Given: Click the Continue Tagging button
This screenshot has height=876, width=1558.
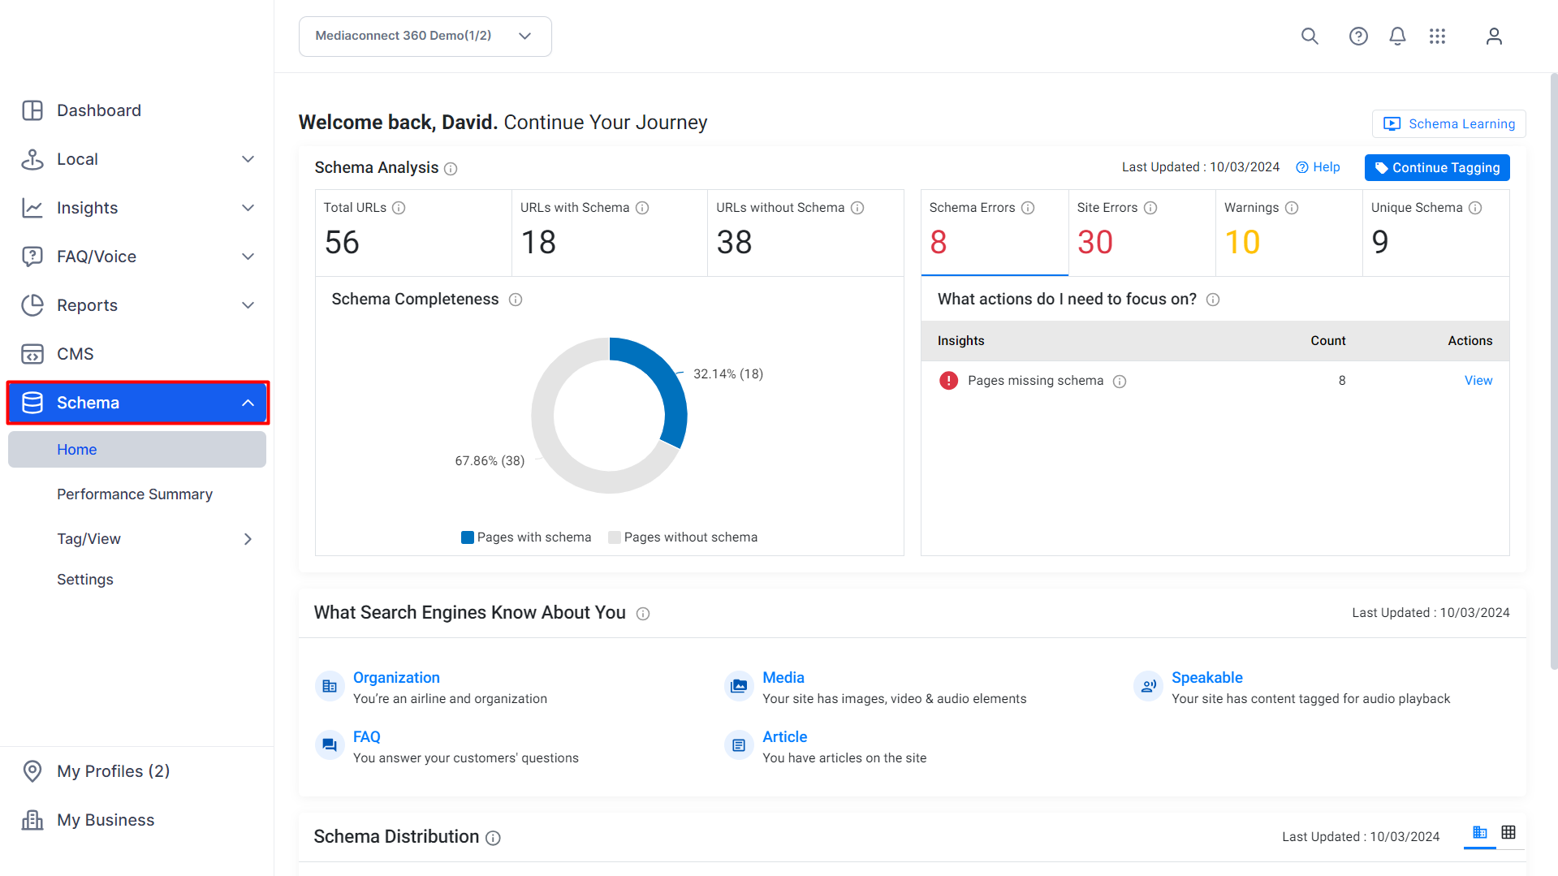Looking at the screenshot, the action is click(x=1437, y=168).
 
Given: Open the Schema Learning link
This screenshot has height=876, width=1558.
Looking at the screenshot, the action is click(x=1449, y=124).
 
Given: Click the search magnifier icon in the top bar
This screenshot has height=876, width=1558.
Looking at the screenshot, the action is click(x=1310, y=37).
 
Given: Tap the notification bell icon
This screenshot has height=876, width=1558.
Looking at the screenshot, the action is click(x=1397, y=37).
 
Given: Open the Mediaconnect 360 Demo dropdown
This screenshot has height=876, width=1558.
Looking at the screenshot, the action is click(x=425, y=37).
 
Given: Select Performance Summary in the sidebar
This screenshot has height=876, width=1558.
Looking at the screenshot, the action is click(x=135, y=494).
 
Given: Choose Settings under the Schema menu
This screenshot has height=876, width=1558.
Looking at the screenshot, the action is click(x=85, y=580).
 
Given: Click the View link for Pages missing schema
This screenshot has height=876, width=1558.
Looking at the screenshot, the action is click(x=1478, y=381).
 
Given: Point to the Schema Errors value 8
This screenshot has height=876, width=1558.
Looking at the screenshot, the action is click(x=939, y=242).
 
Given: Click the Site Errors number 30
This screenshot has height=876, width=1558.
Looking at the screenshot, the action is click(x=1095, y=242).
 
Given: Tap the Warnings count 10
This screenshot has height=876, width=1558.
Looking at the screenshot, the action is click(x=1242, y=242).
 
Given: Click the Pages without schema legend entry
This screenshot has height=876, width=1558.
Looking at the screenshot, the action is click(x=683, y=537).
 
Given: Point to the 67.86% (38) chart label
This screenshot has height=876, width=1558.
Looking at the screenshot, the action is click(x=490, y=461).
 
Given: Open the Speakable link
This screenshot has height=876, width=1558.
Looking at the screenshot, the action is click(x=1207, y=678).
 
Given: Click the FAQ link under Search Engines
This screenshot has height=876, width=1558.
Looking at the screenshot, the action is click(x=367, y=737).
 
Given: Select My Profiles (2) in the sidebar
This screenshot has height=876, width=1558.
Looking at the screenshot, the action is click(x=114, y=771).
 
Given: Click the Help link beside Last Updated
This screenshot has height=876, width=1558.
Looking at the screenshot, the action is click(x=1318, y=167).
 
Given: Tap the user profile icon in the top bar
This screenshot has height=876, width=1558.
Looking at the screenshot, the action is click(x=1494, y=37).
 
